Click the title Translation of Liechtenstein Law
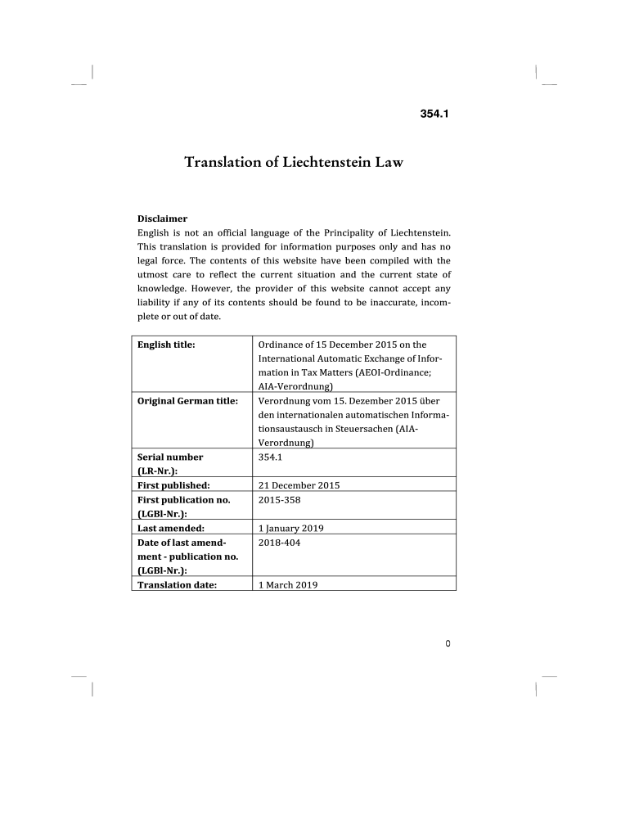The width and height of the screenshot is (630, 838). point(294,162)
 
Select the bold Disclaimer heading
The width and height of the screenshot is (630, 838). point(162,219)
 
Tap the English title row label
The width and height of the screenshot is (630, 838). point(166,345)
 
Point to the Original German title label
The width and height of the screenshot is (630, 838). point(187,401)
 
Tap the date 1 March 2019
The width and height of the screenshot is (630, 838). point(287,585)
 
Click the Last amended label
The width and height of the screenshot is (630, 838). point(171,529)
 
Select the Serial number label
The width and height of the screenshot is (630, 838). point(170,457)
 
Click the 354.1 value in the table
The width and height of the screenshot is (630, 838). point(270,457)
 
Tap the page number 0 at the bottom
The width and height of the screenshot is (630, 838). point(448,643)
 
